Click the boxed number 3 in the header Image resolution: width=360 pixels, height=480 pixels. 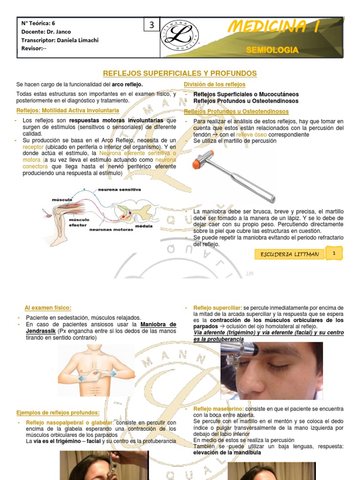tap(151, 26)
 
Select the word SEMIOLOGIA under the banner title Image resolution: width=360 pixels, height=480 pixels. tap(272, 50)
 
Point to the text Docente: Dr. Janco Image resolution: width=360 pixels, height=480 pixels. tap(47, 31)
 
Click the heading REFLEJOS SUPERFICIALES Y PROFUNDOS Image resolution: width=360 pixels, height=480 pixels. tap(180, 74)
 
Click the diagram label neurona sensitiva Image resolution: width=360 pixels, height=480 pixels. tap(119, 190)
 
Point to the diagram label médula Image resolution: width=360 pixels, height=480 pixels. tap(144, 225)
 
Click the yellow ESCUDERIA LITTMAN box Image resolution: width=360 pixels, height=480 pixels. tap(289, 254)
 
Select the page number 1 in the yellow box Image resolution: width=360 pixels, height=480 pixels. tap(334, 253)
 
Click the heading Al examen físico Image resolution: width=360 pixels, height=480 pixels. tap(48, 307)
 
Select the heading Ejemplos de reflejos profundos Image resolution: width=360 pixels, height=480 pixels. tap(58, 412)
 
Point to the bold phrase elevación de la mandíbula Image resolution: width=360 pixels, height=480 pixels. tap(227, 453)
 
